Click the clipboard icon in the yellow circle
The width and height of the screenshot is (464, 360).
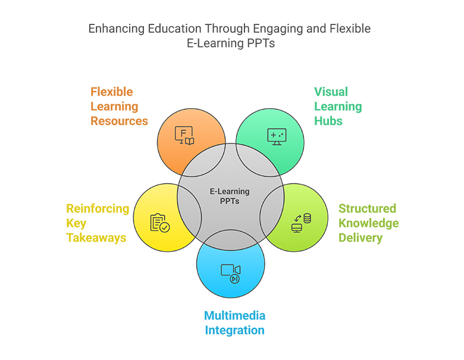(159, 223)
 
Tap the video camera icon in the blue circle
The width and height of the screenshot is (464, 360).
(231, 272)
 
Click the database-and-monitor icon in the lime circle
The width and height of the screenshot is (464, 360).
(302, 223)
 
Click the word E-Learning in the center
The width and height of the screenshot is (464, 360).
(230, 192)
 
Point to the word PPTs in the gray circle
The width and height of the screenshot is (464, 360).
(230, 202)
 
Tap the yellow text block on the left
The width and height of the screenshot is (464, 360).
(98, 223)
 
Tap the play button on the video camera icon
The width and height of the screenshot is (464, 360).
(236, 277)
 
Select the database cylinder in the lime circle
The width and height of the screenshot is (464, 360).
(307, 218)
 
